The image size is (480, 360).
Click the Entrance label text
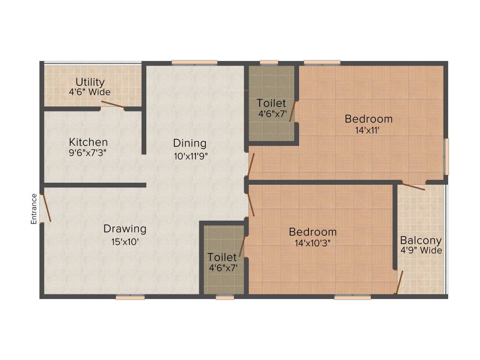coord(34,209)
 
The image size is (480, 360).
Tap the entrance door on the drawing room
coord(45,207)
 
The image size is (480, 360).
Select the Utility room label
coord(90,82)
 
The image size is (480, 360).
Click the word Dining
coord(189,143)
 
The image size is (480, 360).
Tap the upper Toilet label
coord(271,103)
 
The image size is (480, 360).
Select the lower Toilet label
coord(222,257)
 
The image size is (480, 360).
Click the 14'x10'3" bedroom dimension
coord(312,244)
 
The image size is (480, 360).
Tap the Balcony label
coord(420,240)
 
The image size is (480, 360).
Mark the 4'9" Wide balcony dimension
coord(420,250)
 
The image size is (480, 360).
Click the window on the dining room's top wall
coord(194,62)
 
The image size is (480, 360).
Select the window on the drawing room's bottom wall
coord(130,297)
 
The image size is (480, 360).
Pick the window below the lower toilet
coord(225,297)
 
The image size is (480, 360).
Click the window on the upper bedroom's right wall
coord(446,157)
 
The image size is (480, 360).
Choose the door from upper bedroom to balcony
coord(413,186)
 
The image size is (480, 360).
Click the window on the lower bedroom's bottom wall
coord(352,297)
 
